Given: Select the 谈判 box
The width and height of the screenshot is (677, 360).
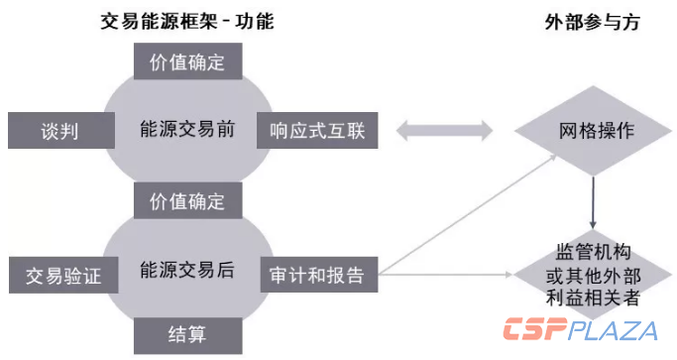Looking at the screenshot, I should [57, 130].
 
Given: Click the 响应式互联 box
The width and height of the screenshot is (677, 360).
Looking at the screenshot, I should [317, 130].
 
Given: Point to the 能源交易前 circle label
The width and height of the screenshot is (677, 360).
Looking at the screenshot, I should [187, 130].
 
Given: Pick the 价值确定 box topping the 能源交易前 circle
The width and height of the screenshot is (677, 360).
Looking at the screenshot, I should [187, 62].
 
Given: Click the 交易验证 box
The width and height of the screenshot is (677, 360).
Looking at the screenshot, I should [57, 272].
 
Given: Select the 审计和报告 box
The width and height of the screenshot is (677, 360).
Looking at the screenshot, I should [317, 272].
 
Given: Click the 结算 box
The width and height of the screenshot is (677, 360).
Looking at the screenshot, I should [187, 333].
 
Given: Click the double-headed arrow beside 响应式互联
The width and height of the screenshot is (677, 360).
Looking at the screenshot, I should [444, 130].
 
